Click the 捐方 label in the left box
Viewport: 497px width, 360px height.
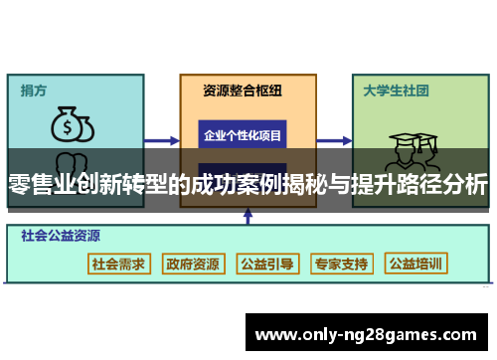point(33,90)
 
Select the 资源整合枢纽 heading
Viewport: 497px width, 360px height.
point(243,90)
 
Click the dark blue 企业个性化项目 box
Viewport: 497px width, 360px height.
point(243,134)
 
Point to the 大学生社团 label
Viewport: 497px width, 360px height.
point(395,90)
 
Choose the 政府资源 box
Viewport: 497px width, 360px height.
point(193,264)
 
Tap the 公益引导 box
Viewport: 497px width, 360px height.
point(267,264)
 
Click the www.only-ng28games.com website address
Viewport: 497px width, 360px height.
point(366,334)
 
